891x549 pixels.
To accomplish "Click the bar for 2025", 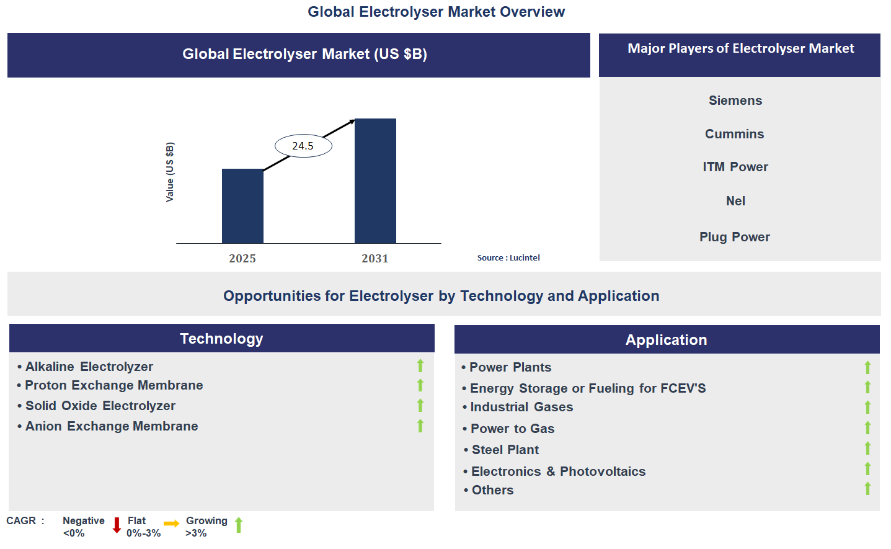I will click(x=242, y=206).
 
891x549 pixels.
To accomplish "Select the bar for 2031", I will click(x=375, y=181).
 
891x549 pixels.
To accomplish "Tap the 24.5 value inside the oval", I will click(x=303, y=146).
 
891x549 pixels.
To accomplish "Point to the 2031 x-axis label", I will click(x=375, y=259).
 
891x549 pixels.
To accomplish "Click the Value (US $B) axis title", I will click(x=170, y=172).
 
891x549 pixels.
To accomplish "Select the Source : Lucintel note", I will click(x=508, y=257).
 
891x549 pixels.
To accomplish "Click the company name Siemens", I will click(x=735, y=100).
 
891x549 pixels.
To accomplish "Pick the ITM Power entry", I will click(x=735, y=167).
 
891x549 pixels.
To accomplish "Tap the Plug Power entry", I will click(x=735, y=237).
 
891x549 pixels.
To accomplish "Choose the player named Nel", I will click(x=735, y=201).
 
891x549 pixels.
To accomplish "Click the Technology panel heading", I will click(x=221, y=339).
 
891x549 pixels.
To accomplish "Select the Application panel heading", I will click(x=666, y=340).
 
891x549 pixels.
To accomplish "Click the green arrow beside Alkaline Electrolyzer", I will click(x=420, y=366).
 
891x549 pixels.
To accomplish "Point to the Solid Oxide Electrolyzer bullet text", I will click(x=100, y=406).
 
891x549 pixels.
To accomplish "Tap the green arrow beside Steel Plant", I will click(x=867, y=449).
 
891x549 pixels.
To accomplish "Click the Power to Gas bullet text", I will click(x=512, y=429).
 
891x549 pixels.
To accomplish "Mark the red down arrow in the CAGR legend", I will click(x=117, y=525).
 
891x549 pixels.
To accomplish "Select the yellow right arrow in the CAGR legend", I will click(x=171, y=524).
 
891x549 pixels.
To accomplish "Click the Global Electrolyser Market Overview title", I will click(x=436, y=12).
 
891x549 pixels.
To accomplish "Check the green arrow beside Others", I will click(x=867, y=489).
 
